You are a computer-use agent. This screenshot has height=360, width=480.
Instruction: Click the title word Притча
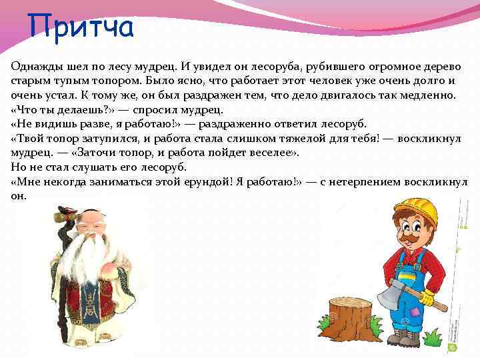pos(82,27)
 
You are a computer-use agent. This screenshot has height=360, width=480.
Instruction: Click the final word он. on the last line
pos(19,196)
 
